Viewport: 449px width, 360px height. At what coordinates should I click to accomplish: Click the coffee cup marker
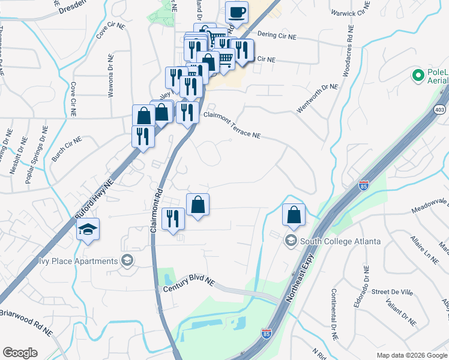tap(237, 13)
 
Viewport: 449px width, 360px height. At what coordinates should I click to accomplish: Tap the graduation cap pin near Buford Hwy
tap(88, 229)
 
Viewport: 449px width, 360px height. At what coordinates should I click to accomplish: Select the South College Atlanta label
tap(340, 241)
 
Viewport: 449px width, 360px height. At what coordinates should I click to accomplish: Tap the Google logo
tap(20, 352)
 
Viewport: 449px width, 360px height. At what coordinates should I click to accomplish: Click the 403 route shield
tap(439, 110)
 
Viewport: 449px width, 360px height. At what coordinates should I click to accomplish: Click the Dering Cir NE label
tap(277, 36)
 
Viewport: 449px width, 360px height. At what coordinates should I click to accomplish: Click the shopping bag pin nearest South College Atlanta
tap(294, 215)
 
